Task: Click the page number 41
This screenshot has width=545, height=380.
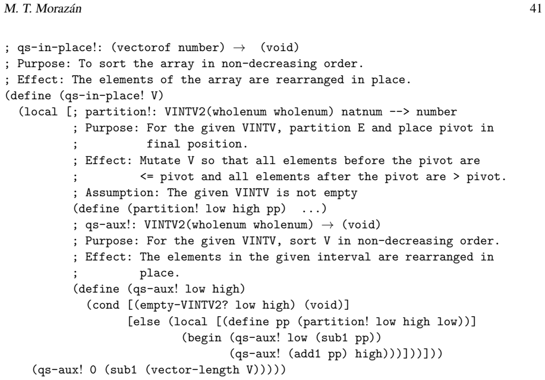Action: point(535,8)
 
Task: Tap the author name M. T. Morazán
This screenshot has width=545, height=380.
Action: point(43,8)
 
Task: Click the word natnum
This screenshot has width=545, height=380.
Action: point(361,112)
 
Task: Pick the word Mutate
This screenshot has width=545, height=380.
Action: point(160,161)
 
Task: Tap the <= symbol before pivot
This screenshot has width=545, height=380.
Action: point(147,177)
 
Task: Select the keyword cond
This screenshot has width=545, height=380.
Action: point(106,305)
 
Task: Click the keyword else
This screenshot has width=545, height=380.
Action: point(147,321)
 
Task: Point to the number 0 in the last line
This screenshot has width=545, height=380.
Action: point(93,369)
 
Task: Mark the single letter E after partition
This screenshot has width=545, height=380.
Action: point(361,128)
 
